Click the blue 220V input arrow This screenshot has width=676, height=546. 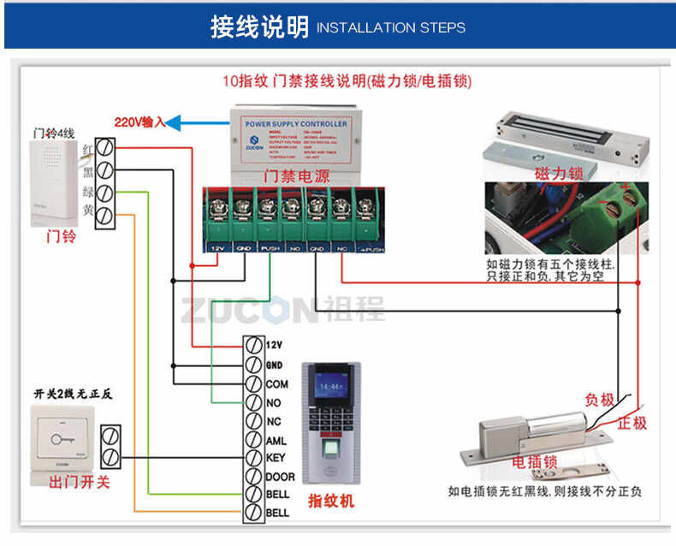[x=181, y=123]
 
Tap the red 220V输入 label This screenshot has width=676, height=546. [x=139, y=122]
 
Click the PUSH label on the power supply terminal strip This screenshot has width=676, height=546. [x=269, y=248]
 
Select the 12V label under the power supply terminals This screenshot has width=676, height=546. [x=216, y=248]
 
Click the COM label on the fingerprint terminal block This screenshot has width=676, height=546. [x=276, y=384]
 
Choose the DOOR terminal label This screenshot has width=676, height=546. [x=280, y=477]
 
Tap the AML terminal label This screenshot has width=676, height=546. [x=276, y=439]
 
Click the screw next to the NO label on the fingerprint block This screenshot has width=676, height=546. [x=253, y=402]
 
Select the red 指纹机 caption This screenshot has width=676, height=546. [x=329, y=501]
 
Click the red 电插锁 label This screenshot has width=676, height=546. [x=535, y=463]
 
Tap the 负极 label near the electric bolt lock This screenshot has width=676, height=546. [x=599, y=400]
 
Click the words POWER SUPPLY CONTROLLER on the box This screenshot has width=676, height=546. [x=296, y=124]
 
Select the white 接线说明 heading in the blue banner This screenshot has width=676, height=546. [x=259, y=27]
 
